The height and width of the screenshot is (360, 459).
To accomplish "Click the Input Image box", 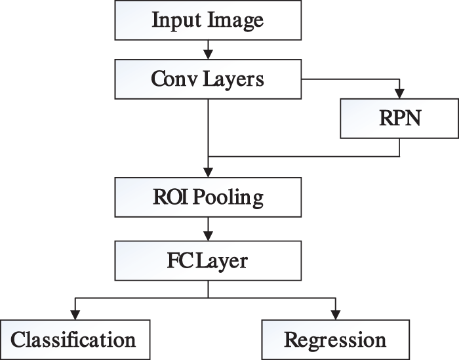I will coord(207,20).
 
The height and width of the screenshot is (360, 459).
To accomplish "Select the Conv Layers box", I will coord(207,79).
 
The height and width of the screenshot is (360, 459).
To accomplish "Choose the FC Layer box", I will coord(207,260).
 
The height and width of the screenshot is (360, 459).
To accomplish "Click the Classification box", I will coord(74,340).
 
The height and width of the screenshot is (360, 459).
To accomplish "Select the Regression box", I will coord(335,340).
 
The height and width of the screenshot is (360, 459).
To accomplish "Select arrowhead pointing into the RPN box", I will coord(399,96).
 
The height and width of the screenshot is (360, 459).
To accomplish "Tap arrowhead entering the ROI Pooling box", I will coord(207,174).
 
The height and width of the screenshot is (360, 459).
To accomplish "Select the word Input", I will coord(175,20).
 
